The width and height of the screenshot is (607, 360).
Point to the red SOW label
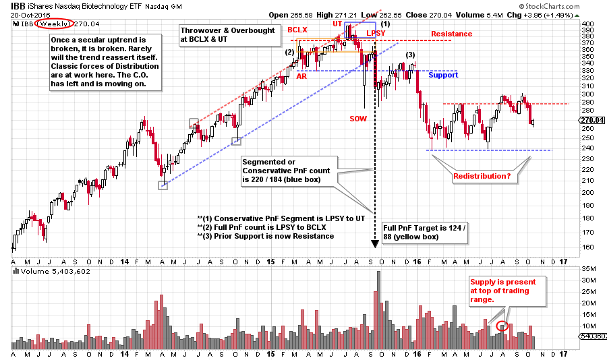tap(359, 119)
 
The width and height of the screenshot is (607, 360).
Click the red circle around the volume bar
tap(502, 326)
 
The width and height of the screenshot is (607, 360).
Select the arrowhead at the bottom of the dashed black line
tap(375, 243)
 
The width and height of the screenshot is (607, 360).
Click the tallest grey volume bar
tap(378, 311)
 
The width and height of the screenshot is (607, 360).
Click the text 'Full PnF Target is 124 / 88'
tap(412, 233)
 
